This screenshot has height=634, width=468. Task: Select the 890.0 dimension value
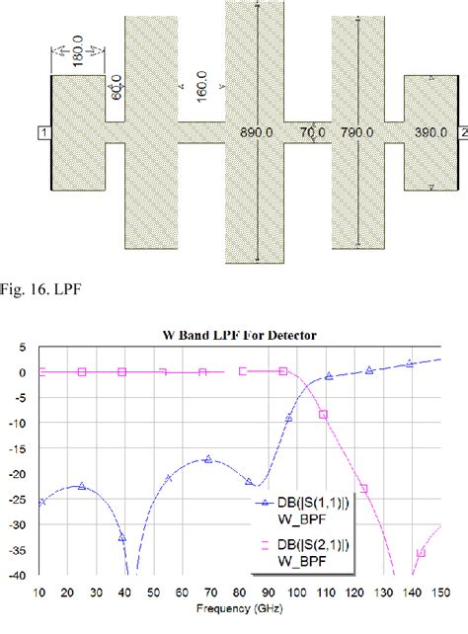(x=256, y=130)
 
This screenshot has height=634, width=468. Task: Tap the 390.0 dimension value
(x=429, y=130)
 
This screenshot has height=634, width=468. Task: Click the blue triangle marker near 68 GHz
(x=207, y=459)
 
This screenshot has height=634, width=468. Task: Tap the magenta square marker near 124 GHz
(x=363, y=488)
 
